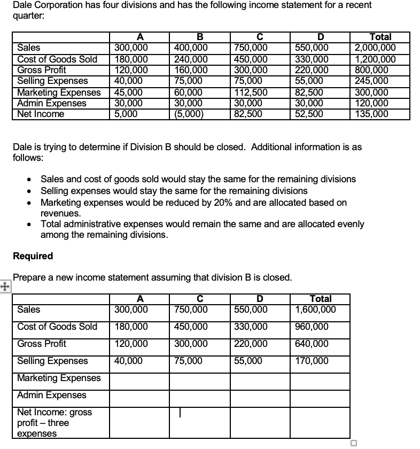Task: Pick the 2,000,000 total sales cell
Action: (x=376, y=47)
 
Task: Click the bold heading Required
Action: (x=33, y=256)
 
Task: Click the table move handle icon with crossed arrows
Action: (x=5, y=285)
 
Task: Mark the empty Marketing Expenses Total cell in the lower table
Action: (x=320, y=378)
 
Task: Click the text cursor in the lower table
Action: (x=181, y=413)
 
